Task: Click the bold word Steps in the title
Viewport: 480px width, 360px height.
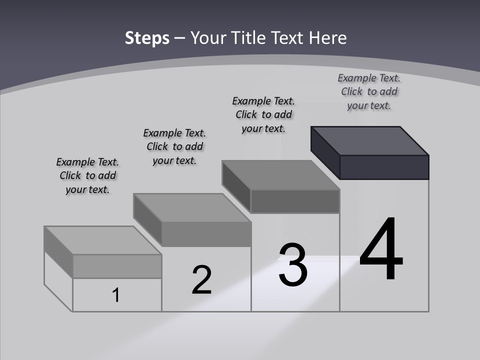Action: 147,38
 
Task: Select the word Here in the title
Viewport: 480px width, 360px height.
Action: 328,38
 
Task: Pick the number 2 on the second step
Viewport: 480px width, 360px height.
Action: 201,280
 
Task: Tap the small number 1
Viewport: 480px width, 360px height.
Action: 115,295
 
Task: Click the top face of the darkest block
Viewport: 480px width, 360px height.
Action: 370,140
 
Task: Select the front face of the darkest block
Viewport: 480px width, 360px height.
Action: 384,167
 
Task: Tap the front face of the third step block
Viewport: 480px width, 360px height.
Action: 295,201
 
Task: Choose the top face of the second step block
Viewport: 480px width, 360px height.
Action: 192,207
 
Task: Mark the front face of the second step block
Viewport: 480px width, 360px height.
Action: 206,234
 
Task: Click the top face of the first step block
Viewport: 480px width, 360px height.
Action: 103,240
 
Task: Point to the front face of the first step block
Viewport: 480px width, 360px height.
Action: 117,266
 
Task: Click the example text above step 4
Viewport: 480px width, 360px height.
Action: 369,91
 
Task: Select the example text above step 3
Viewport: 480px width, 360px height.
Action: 263,114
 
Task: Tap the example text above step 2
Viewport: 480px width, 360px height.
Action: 174,146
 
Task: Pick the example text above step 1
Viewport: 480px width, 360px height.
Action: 87,175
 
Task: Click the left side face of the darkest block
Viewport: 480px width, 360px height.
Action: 325,152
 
